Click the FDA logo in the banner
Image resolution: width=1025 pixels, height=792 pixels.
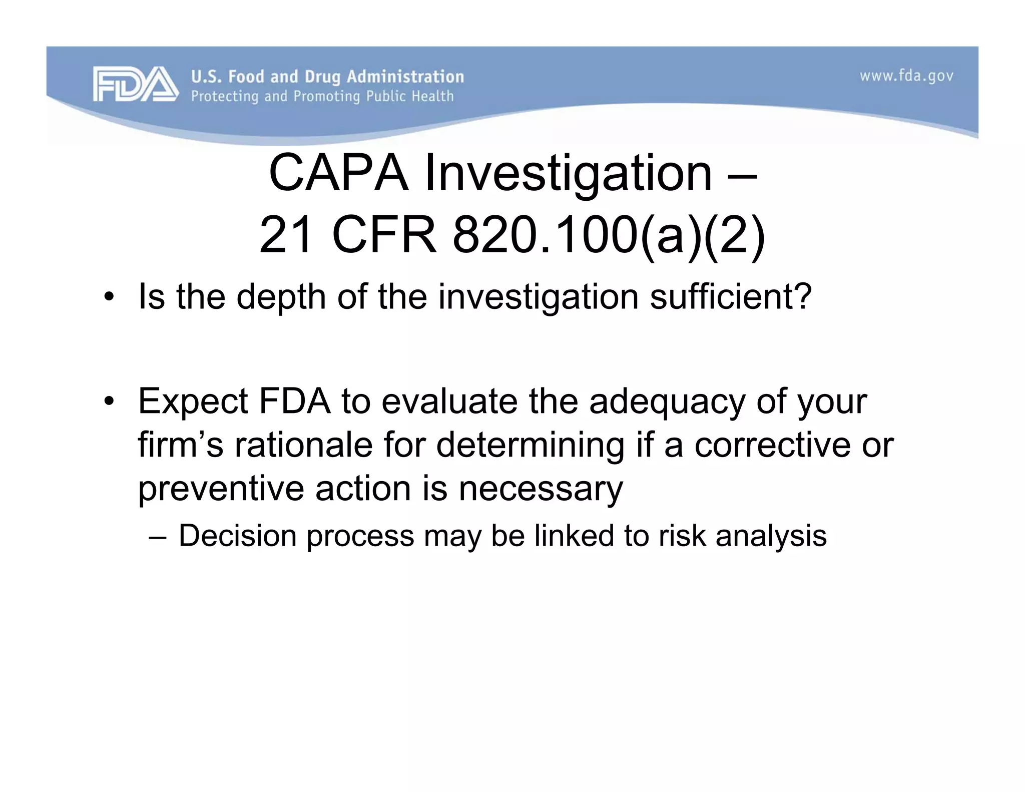tap(135, 84)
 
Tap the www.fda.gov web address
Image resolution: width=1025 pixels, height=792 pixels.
tap(906, 77)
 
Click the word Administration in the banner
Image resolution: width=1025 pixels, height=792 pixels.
tap(405, 77)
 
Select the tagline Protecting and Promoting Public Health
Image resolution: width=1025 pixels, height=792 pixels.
tap(322, 96)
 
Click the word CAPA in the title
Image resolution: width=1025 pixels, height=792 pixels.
tap(338, 173)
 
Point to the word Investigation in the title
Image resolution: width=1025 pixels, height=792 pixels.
tap(568, 173)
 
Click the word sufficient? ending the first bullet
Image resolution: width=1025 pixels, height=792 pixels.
tap(730, 297)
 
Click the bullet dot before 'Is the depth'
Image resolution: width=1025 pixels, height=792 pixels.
tap(108, 298)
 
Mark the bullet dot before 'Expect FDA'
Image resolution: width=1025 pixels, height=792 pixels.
tap(108, 402)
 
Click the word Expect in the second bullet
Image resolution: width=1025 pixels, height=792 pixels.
tap(193, 402)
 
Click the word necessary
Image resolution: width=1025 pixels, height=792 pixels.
tap(541, 489)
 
